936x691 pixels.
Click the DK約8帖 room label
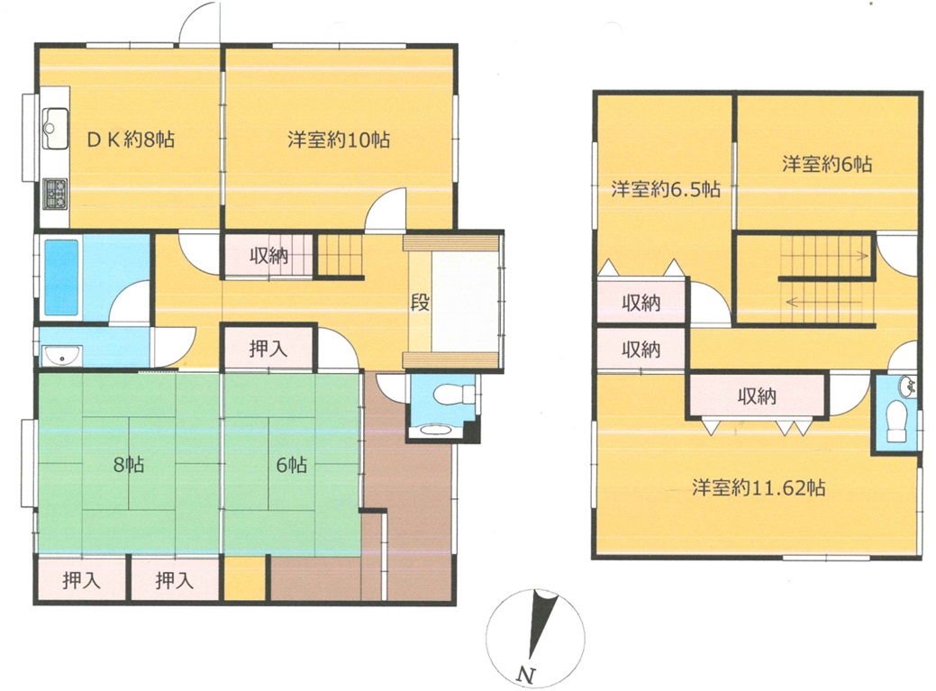[x=131, y=140]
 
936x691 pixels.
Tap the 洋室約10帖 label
[x=339, y=140]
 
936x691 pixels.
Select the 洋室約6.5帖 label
[x=666, y=189]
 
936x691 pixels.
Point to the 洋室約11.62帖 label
[x=759, y=487]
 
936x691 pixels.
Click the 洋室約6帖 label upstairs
[x=827, y=163]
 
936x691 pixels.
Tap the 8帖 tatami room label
[x=129, y=464]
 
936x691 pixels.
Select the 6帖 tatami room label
[x=291, y=464]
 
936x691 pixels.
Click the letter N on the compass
[x=525, y=675]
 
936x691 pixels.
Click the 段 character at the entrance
[x=420, y=302]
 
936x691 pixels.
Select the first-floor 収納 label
[x=268, y=255]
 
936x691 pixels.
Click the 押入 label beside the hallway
[x=268, y=349]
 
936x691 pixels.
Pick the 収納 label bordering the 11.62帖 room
[x=757, y=396]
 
